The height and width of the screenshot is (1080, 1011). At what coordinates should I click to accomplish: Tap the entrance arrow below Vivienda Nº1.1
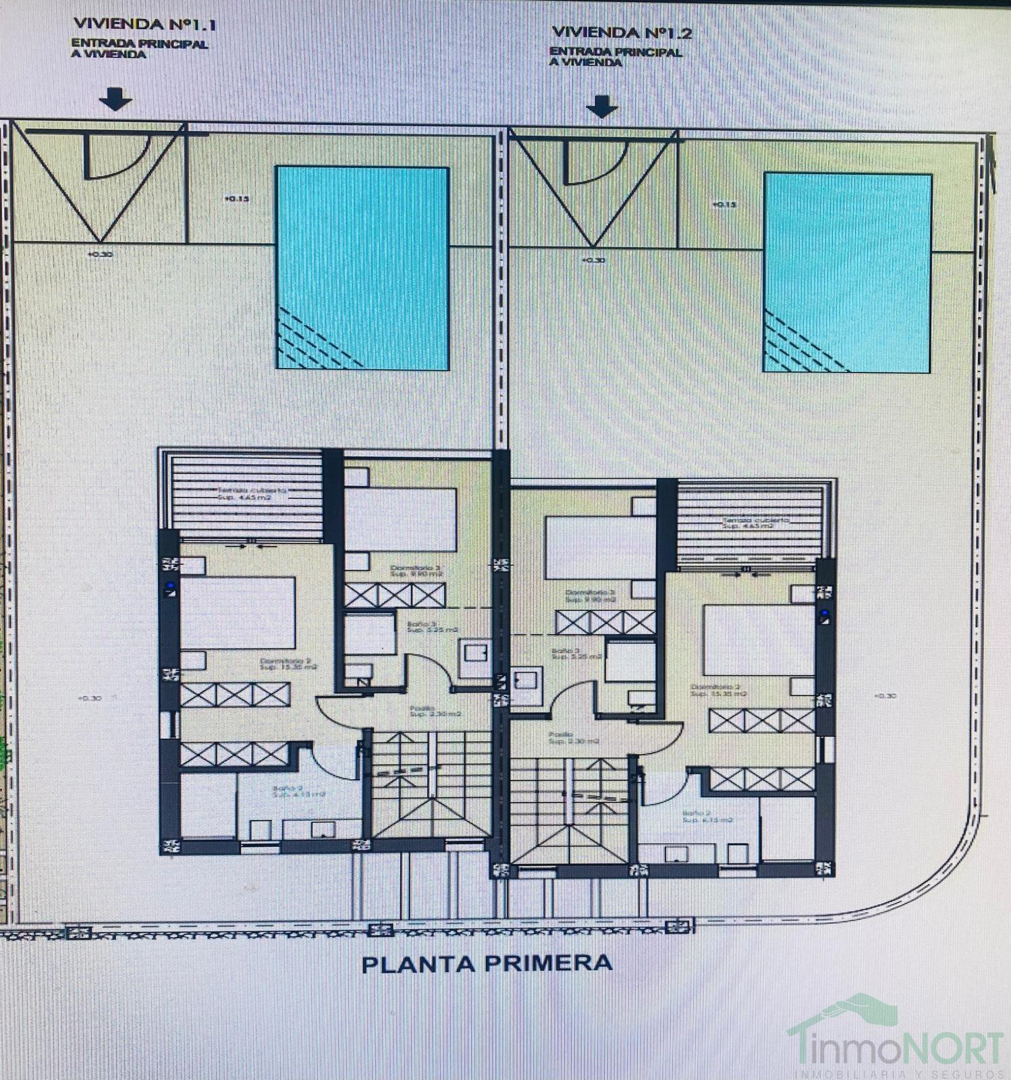point(115,100)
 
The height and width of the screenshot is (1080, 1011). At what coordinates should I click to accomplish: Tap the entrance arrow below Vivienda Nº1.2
point(601,107)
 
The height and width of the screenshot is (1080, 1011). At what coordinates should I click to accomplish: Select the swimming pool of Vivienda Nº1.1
point(362,268)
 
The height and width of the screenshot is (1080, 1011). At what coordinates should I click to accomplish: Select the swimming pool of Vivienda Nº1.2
point(848,273)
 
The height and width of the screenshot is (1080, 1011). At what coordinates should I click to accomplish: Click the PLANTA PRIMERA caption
point(487,963)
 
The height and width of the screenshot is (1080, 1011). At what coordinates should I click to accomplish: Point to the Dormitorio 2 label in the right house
point(717,690)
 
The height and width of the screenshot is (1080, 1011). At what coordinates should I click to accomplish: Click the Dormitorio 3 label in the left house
point(416,571)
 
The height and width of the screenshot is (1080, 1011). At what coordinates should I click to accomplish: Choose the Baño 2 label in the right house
point(706,816)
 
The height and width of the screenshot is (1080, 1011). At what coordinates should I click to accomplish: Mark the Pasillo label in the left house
point(436,711)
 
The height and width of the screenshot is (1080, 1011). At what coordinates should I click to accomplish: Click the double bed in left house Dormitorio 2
point(237,613)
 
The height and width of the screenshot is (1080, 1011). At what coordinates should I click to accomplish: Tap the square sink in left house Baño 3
point(476,653)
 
